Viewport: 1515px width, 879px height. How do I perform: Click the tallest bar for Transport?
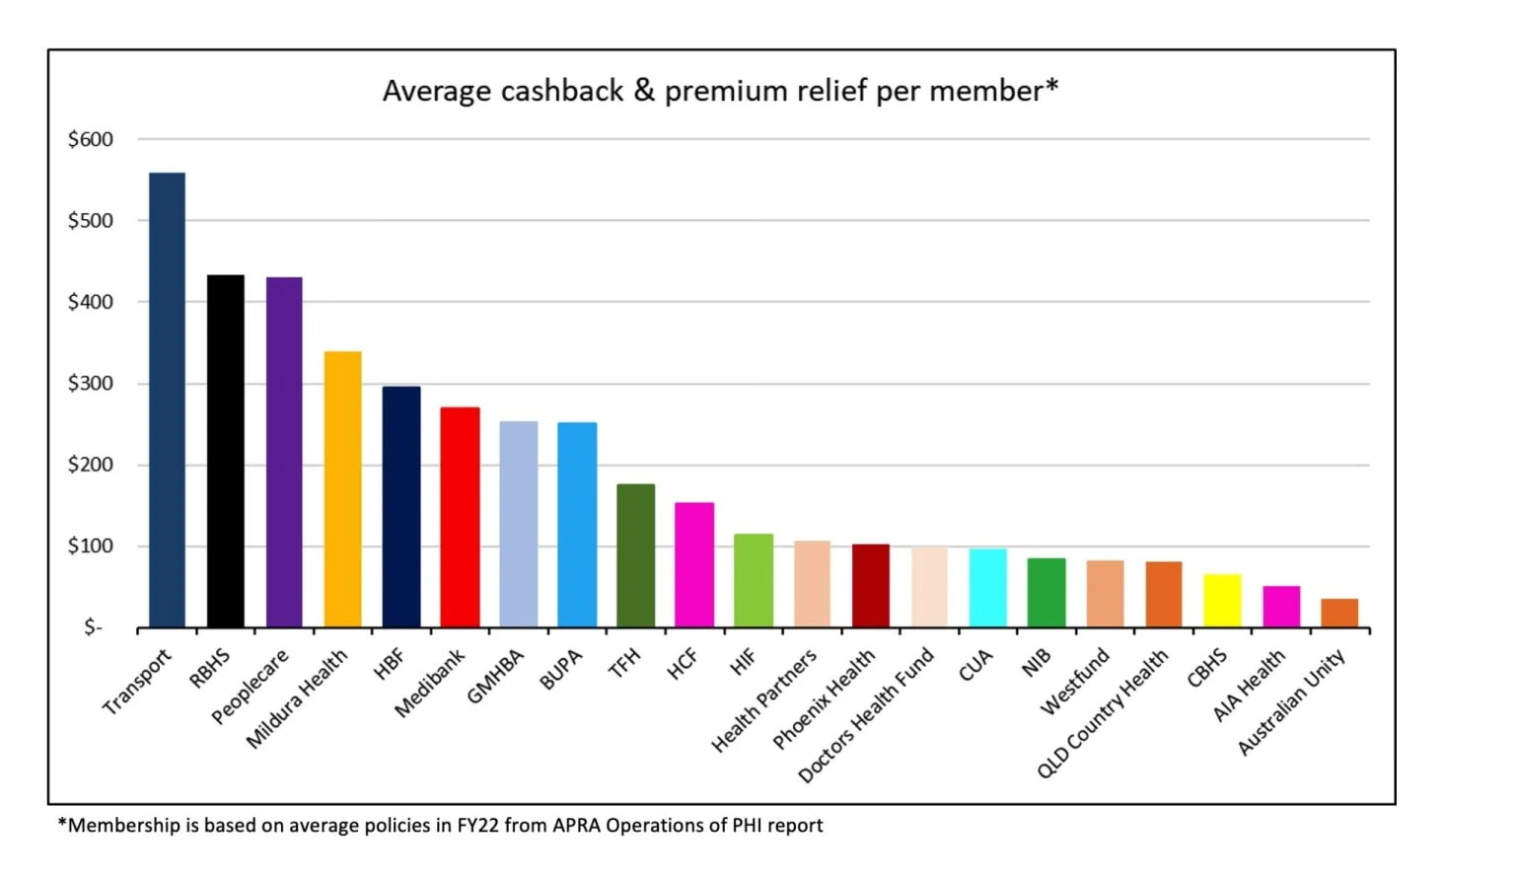167,400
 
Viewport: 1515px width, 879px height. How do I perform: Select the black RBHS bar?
225,451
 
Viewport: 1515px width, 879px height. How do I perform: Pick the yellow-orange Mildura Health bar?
342,489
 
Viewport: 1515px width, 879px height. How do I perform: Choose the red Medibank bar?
460,517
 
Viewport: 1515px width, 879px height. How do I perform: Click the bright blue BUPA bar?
577,525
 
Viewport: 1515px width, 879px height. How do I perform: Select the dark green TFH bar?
635,555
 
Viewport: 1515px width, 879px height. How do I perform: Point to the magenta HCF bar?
694,565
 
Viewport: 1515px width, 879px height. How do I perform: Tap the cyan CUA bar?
987,588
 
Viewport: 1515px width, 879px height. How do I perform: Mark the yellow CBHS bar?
1222,601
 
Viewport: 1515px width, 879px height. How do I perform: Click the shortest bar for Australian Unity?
1339,613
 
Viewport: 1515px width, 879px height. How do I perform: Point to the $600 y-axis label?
90,139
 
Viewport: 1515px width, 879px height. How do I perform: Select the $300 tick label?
90,383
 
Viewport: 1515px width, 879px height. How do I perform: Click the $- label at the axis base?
93,627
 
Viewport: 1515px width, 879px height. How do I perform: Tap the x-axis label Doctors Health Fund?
866,714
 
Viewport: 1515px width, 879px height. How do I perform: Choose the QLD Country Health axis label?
1103,712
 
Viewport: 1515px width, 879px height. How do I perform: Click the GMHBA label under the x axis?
495,677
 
